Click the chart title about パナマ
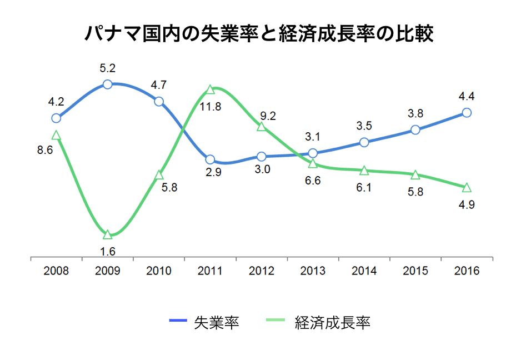(259, 33)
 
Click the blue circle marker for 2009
(108, 84)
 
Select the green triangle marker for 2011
(210, 89)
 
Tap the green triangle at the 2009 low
(108, 234)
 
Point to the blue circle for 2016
(467, 112)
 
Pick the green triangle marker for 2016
(467, 187)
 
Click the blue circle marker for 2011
(210, 160)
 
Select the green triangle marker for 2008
(56, 135)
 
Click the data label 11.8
(211, 107)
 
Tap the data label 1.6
(108, 252)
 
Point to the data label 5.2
(108, 68)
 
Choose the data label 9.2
(268, 116)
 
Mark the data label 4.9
(467, 204)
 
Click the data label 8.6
(44, 150)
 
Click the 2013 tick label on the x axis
(313, 271)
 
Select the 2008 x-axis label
(56, 271)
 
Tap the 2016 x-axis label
(467, 271)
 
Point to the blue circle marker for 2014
(364, 142)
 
